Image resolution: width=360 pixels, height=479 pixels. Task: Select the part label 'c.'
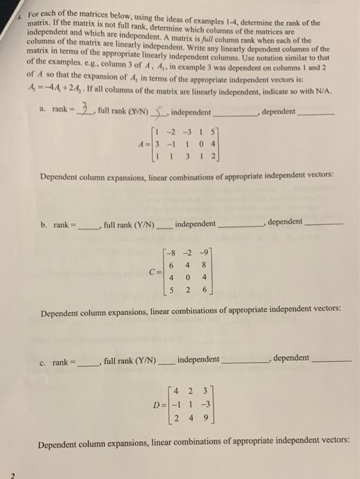click(44, 361)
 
